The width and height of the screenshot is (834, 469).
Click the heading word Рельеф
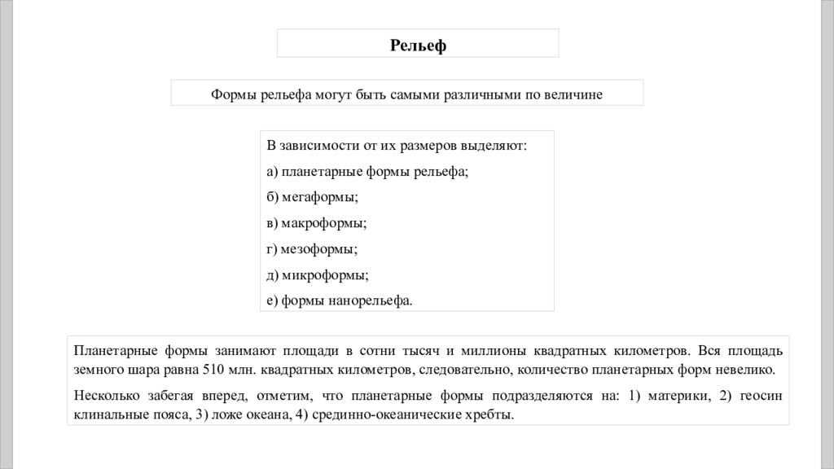[x=418, y=45]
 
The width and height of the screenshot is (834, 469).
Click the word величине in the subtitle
[x=573, y=94]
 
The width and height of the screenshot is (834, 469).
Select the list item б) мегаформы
[x=312, y=197]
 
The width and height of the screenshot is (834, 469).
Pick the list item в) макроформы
[x=316, y=223]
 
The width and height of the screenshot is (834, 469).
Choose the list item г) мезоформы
[x=312, y=249]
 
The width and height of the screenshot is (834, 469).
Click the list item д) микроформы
[x=318, y=275]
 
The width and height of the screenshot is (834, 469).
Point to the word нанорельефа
[x=371, y=300]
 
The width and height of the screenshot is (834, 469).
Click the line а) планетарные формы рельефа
[x=367, y=172]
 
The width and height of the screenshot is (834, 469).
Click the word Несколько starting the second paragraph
[x=105, y=397]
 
